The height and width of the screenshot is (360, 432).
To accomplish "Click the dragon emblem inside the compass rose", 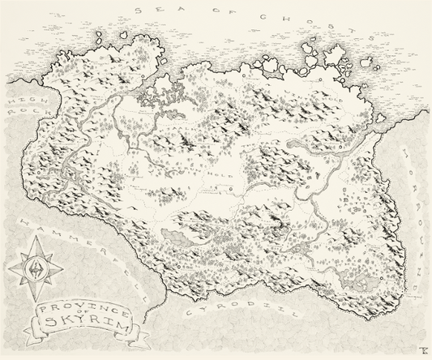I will pos(34,266).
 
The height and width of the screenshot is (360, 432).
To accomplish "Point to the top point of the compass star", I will pos(34,236).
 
